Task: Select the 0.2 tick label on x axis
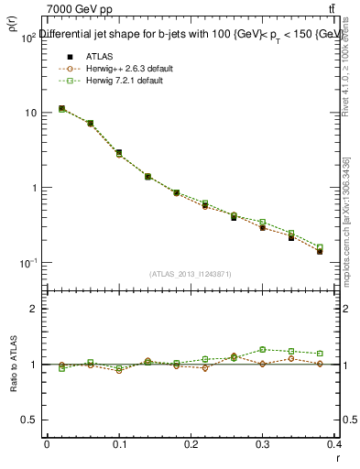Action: [x=191, y=444]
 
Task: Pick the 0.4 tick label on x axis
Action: [x=334, y=444]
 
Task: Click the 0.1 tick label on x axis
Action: [x=119, y=444]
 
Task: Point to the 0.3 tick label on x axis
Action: [x=263, y=444]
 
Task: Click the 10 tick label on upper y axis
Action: [x=29, y=113]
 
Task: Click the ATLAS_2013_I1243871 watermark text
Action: [x=191, y=274]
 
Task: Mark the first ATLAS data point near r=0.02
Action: [x=61, y=108]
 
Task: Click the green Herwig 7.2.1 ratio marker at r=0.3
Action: [x=263, y=349]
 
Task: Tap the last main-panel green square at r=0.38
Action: [x=320, y=246]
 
